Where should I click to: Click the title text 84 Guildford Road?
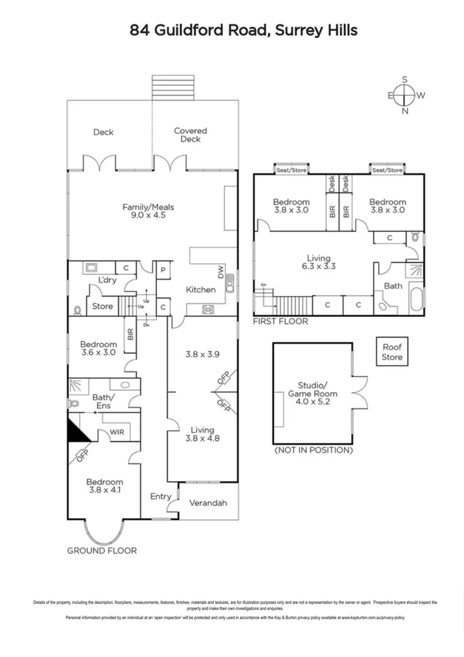point(244,30)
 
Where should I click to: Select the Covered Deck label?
point(190,134)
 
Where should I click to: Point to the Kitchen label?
point(200,290)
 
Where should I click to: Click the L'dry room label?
point(107,280)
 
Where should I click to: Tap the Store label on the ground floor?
point(102,306)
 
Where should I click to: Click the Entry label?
point(160,496)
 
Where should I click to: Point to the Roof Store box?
point(392,353)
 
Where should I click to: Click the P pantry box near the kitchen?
point(163,269)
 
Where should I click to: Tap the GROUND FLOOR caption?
point(101,551)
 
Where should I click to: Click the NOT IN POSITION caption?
point(313,450)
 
